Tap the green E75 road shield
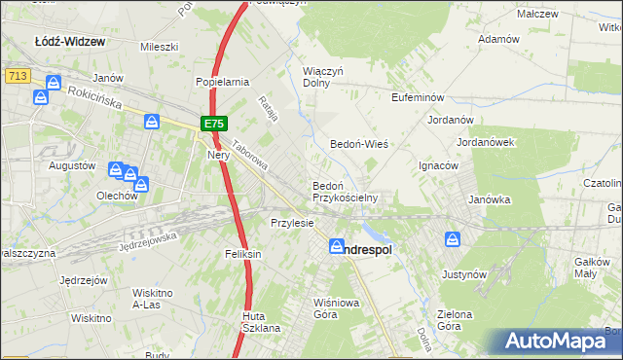click(214, 124)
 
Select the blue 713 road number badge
click(15, 75)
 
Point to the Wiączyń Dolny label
click(324, 77)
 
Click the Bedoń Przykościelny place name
click(344, 191)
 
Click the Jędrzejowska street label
click(147, 242)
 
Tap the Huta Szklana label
click(261, 322)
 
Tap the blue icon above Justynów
click(454, 238)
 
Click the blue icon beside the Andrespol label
click(337, 247)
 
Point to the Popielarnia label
click(223, 83)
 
